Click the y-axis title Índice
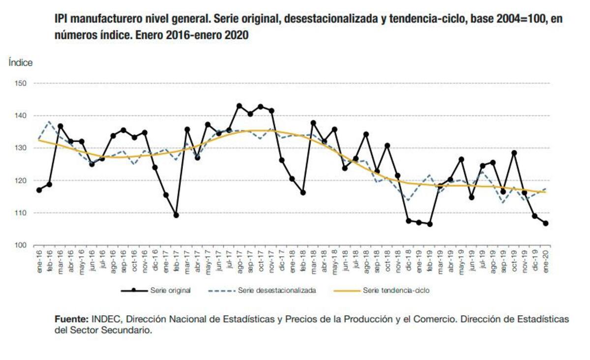click(x=20, y=63)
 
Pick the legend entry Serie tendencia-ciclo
click(x=396, y=291)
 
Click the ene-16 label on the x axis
click(x=39, y=259)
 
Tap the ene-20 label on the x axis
click(x=545, y=259)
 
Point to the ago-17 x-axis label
click(x=240, y=259)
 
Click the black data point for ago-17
click(x=239, y=106)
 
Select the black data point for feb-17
click(x=176, y=215)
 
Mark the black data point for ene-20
click(x=545, y=223)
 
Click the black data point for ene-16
click(x=39, y=190)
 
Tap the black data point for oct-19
click(x=514, y=153)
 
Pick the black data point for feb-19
click(x=430, y=224)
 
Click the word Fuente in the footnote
click(x=71, y=319)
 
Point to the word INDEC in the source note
click(x=106, y=319)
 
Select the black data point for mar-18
click(x=313, y=123)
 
